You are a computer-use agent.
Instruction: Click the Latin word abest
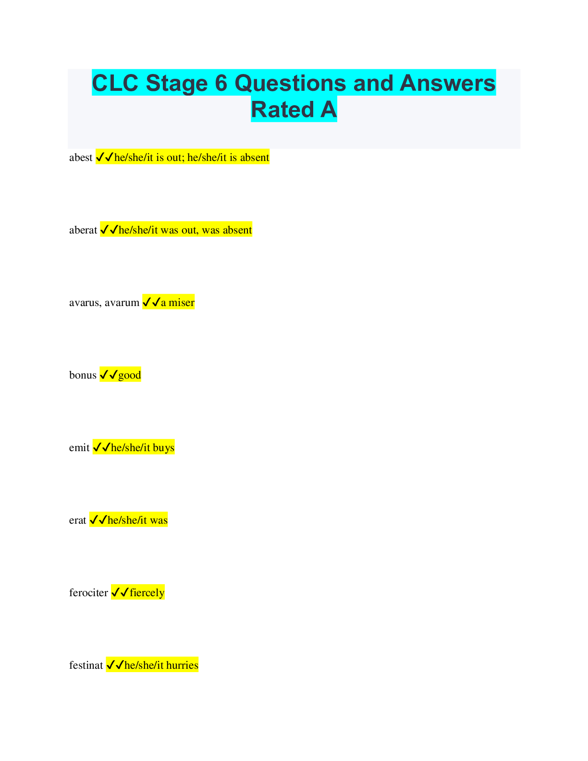click(x=81, y=158)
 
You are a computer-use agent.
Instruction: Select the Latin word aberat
click(x=83, y=230)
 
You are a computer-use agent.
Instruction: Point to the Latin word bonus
click(x=83, y=375)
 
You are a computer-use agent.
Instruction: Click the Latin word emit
click(x=79, y=448)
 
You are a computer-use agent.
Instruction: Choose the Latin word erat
click(x=77, y=520)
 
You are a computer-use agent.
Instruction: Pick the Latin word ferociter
click(x=88, y=593)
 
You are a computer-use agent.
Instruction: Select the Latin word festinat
click(x=86, y=665)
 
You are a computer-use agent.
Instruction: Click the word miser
click(x=182, y=303)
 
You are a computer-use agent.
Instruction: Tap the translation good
click(x=130, y=375)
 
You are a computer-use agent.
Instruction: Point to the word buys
click(x=163, y=448)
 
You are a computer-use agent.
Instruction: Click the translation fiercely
click(x=147, y=593)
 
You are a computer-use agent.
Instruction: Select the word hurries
click(x=182, y=665)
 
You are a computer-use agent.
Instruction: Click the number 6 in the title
click(x=220, y=83)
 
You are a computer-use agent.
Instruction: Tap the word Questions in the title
click(x=290, y=83)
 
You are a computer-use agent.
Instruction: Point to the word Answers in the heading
click(x=447, y=83)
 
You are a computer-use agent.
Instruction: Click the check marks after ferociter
click(x=120, y=593)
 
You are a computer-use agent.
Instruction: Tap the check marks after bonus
click(x=109, y=375)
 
